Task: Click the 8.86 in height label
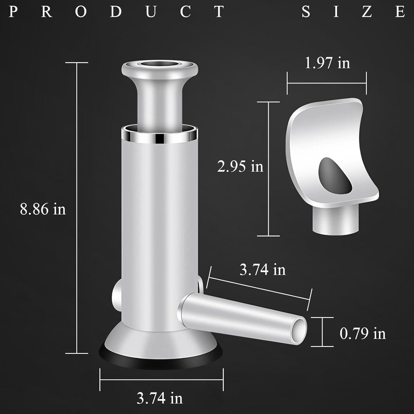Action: coord(43,209)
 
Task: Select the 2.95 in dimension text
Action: coord(240,166)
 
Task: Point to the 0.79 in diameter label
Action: coord(362,333)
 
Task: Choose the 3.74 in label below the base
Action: coord(160,398)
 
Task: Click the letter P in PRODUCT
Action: coord(12,12)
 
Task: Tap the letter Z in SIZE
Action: coord(367,12)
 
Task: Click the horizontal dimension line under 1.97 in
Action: coord(327,83)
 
